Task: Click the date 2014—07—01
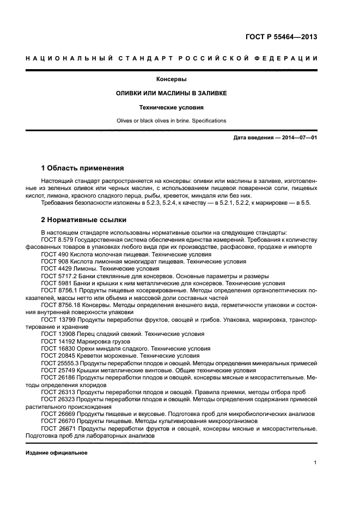[x=297, y=138]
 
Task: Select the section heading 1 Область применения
[x=83, y=168]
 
